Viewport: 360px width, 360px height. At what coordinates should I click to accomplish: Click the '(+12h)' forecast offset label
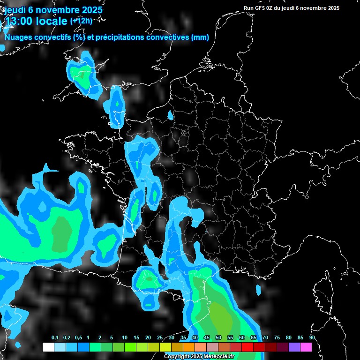(x=82, y=21)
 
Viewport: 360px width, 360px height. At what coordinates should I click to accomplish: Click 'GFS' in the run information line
(x=260, y=8)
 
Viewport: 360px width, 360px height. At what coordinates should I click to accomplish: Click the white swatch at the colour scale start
(x=48, y=347)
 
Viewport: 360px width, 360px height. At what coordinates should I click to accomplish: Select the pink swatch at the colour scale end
(x=306, y=347)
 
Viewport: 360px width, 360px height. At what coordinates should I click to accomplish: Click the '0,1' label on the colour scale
(x=54, y=338)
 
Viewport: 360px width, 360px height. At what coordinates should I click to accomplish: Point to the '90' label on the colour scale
(x=312, y=338)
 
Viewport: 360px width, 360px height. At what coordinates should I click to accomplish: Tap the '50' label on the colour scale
(x=218, y=338)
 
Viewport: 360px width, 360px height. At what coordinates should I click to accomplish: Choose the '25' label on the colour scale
(x=160, y=338)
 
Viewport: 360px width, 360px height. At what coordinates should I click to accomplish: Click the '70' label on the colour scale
(x=265, y=338)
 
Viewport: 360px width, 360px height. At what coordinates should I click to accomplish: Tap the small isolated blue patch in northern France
(x=170, y=114)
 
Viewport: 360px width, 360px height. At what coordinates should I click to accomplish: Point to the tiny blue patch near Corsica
(x=258, y=290)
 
